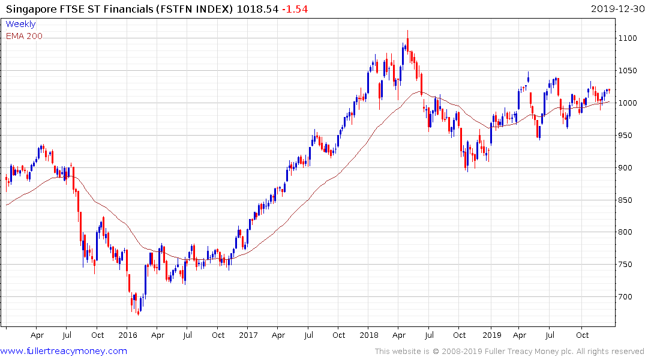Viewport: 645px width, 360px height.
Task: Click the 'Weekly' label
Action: (x=20, y=24)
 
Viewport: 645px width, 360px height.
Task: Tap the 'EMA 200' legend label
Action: (x=24, y=36)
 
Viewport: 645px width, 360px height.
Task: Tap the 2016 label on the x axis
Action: (x=128, y=335)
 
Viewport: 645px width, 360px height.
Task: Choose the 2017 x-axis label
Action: (x=248, y=335)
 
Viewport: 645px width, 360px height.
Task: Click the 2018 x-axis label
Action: (x=370, y=335)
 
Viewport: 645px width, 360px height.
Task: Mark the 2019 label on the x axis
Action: (x=491, y=335)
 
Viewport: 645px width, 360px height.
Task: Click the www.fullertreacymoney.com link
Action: (x=64, y=351)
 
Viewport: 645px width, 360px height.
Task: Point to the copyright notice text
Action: (x=509, y=351)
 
